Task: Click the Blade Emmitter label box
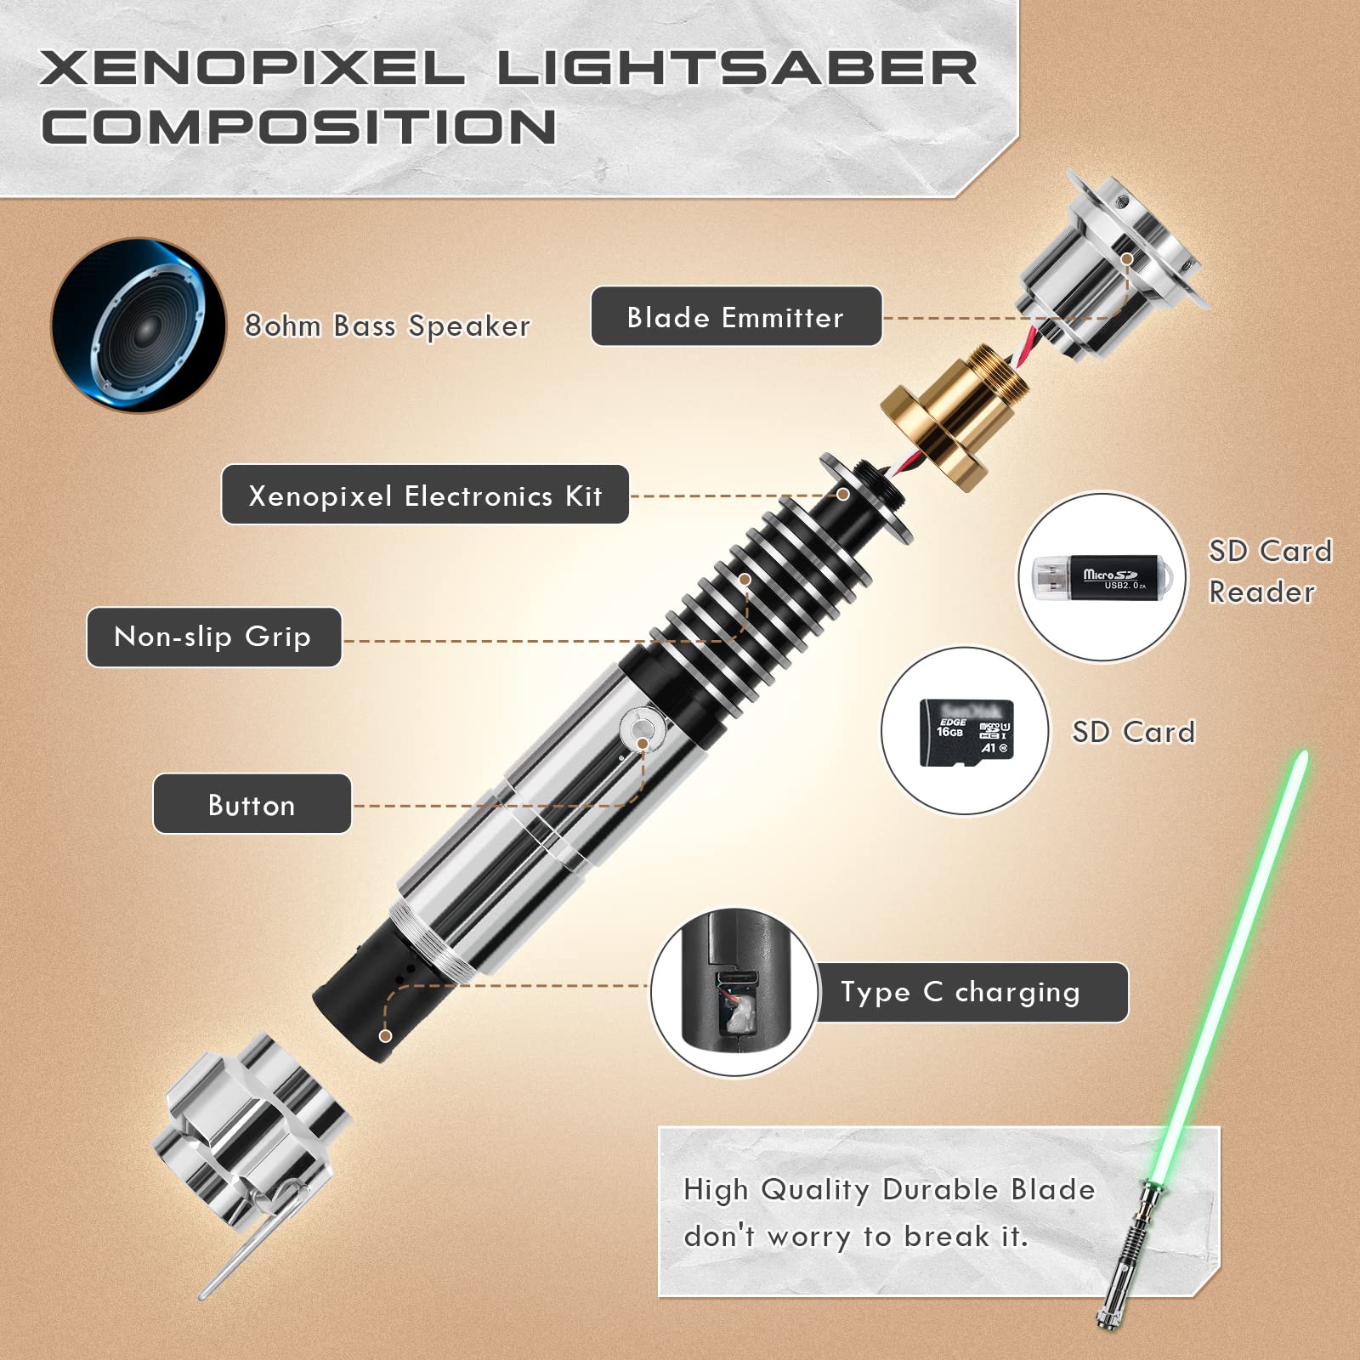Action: click(x=736, y=316)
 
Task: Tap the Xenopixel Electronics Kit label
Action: click(x=425, y=495)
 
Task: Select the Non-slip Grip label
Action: click(x=213, y=637)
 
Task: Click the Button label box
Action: click(x=252, y=804)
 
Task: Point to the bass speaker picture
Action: click(x=139, y=326)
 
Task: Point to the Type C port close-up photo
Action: click(x=734, y=993)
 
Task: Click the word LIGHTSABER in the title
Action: click(x=737, y=67)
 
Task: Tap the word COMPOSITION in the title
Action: click(x=298, y=127)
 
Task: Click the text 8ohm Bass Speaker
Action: click(x=388, y=326)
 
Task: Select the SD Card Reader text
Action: click(x=1270, y=571)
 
